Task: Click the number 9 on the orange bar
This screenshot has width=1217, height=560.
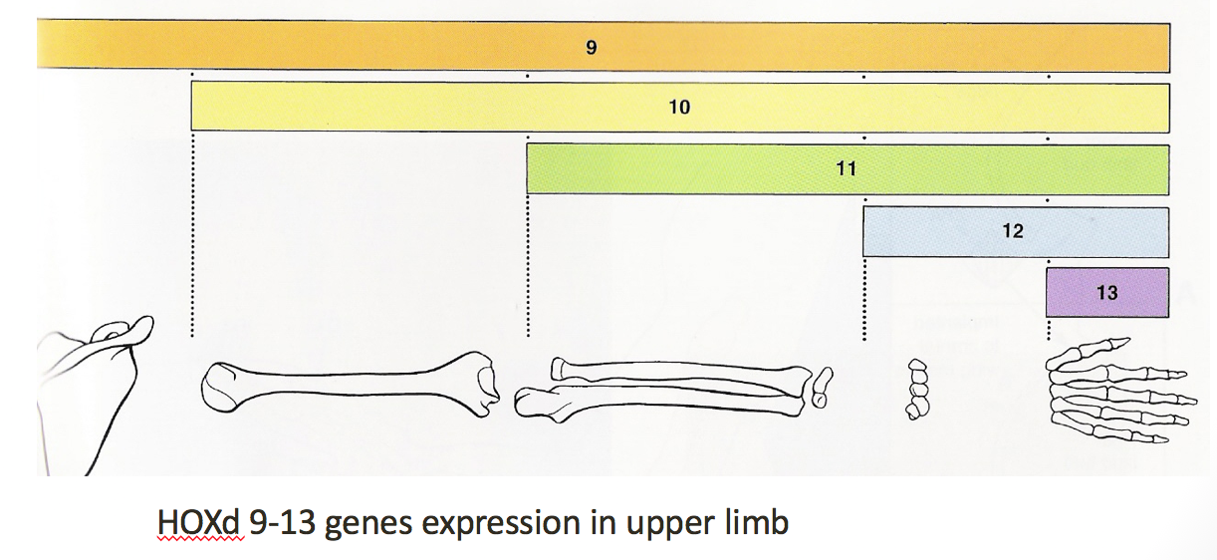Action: tap(591, 47)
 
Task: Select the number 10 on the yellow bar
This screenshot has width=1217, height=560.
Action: tap(679, 107)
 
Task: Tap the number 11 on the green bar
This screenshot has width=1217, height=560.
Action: tap(846, 168)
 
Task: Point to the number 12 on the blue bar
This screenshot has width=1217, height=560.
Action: tap(1013, 231)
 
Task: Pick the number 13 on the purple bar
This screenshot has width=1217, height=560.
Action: tap(1106, 293)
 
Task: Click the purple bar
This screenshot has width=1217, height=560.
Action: tap(1076, 293)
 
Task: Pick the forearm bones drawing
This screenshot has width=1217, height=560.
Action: tap(667, 387)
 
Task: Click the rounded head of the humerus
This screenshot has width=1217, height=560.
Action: tap(224, 386)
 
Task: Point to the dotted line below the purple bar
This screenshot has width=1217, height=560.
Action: tap(1048, 330)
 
